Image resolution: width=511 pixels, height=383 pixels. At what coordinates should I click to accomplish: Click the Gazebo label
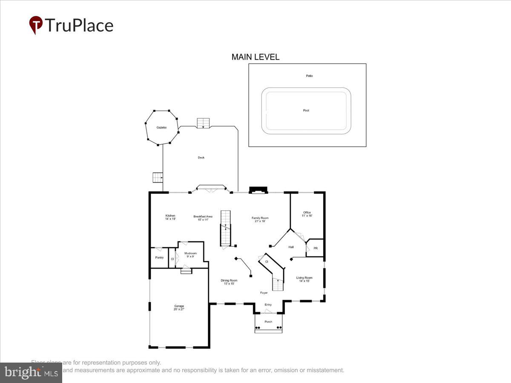[x=161, y=128]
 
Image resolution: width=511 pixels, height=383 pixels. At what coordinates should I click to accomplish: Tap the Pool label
[x=306, y=111]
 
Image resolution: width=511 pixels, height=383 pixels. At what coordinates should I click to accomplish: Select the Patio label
[x=309, y=76]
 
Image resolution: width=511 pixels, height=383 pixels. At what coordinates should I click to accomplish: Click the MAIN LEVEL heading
[x=255, y=57]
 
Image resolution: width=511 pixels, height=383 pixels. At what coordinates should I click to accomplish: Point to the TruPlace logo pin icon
[x=36, y=25]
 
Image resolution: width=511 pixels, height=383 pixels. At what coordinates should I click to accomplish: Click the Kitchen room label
[x=170, y=217]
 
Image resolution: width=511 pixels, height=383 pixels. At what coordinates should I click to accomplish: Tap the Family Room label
[x=260, y=220]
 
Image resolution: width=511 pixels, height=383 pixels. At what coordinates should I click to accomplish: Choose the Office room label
[x=307, y=214]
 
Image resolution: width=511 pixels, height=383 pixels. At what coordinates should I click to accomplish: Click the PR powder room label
[x=316, y=248]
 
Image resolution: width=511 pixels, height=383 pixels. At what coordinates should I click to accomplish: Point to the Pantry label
[x=159, y=257]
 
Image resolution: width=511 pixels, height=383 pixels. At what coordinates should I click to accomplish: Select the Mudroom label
[x=190, y=255]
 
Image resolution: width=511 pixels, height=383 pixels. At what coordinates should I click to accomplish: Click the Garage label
[x=179, y=308]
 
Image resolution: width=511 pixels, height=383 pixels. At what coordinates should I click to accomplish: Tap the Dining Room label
[x=229, y=282]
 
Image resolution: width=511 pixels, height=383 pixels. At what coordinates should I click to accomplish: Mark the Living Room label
[x=304, y=279]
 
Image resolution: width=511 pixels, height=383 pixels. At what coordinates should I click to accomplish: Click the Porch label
[x=268, y=322]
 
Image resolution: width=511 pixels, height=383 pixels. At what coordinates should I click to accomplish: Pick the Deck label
[x=201, y=157]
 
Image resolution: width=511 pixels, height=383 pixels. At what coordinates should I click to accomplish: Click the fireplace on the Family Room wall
[x=258, y=190]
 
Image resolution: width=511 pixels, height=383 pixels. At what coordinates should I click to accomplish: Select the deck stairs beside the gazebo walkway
[x=158, y=177]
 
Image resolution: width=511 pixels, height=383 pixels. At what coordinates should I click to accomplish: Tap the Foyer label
[x=264, y=293]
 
